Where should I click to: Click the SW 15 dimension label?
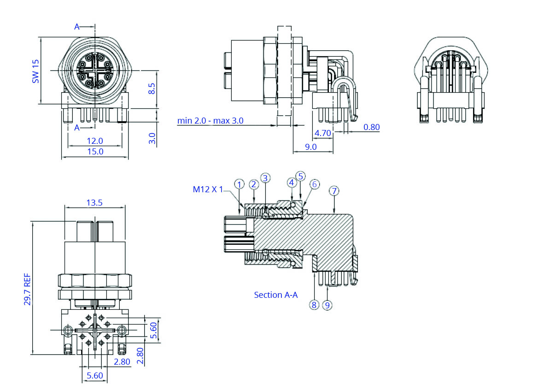pyautogui.click(x=35, y=71)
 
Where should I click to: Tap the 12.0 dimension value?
pyautogui.click(x=95, y=141)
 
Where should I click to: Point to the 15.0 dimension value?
pyautogui.click(x=95, y=151)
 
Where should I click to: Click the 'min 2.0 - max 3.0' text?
pyautogui.click(x=211, y=121)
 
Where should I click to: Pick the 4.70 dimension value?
pyautogui.click(x=322, y=133)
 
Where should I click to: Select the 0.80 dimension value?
pyautogui.click(x=372, y=127)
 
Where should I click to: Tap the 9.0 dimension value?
pyautogui.click(x=311, y=147)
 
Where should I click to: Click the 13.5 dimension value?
pyautogui.click(x=94, y=202)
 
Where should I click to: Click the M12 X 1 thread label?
pyautogui.click(x=208, y=189)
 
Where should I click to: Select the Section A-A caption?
pyautogui.click(x=276, y=295)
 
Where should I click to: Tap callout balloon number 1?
pyautogui.click(x=239, y=184)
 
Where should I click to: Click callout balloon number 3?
pyautogui.click(x=265, y=178)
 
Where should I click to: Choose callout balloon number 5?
pyautogui.click(x=301, y=176)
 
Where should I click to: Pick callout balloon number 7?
pyautogui.click(x=333, y=190)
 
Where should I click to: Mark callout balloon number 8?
pyautogui.click(x=314, y=305)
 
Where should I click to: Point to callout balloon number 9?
pyautogui.click(x=327, y=305)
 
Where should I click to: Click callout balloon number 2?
pyautogui.click(x=253, y=184)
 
